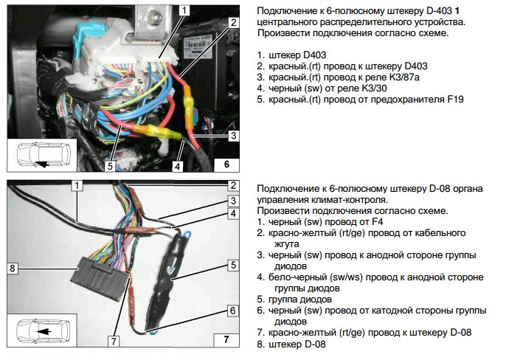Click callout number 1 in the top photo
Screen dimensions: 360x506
[184, 10]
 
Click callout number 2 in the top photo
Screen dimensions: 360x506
[232, 23]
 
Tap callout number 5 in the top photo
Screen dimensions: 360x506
[109, 165]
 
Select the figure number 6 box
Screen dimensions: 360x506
[226, 165]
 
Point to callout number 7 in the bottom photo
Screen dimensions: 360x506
[114, 341]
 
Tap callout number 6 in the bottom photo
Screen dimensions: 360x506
[232, 311]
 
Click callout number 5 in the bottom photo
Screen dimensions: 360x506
[232, 263]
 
